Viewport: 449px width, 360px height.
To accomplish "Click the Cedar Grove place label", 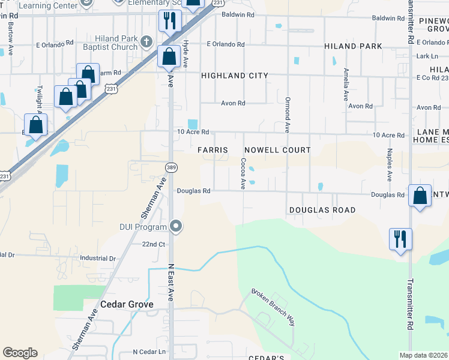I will click(x=127, y=304).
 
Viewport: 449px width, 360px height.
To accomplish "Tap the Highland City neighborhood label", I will click(x=234, y=76).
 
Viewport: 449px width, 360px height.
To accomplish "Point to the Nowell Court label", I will click(x=277, y=149).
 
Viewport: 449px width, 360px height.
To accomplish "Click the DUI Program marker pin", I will click(x=176, y=227).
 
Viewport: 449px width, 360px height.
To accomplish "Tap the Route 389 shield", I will click(x=170, y=167).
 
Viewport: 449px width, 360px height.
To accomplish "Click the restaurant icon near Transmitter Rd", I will click(x=400, y=238).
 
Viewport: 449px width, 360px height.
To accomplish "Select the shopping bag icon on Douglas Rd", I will click(x=420, y=196).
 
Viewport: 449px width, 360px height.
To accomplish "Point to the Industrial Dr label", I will click(x=97, y=259).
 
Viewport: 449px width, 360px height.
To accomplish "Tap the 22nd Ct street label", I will click(x=154, y=244).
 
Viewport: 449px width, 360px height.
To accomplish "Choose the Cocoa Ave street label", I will click(x=243, y=173).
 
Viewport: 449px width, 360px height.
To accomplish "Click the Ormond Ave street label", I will click(x=288, y=115).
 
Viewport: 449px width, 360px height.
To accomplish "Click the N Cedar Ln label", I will click(x=149, y=352).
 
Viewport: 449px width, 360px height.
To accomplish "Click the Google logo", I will click(x=20, y=353).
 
